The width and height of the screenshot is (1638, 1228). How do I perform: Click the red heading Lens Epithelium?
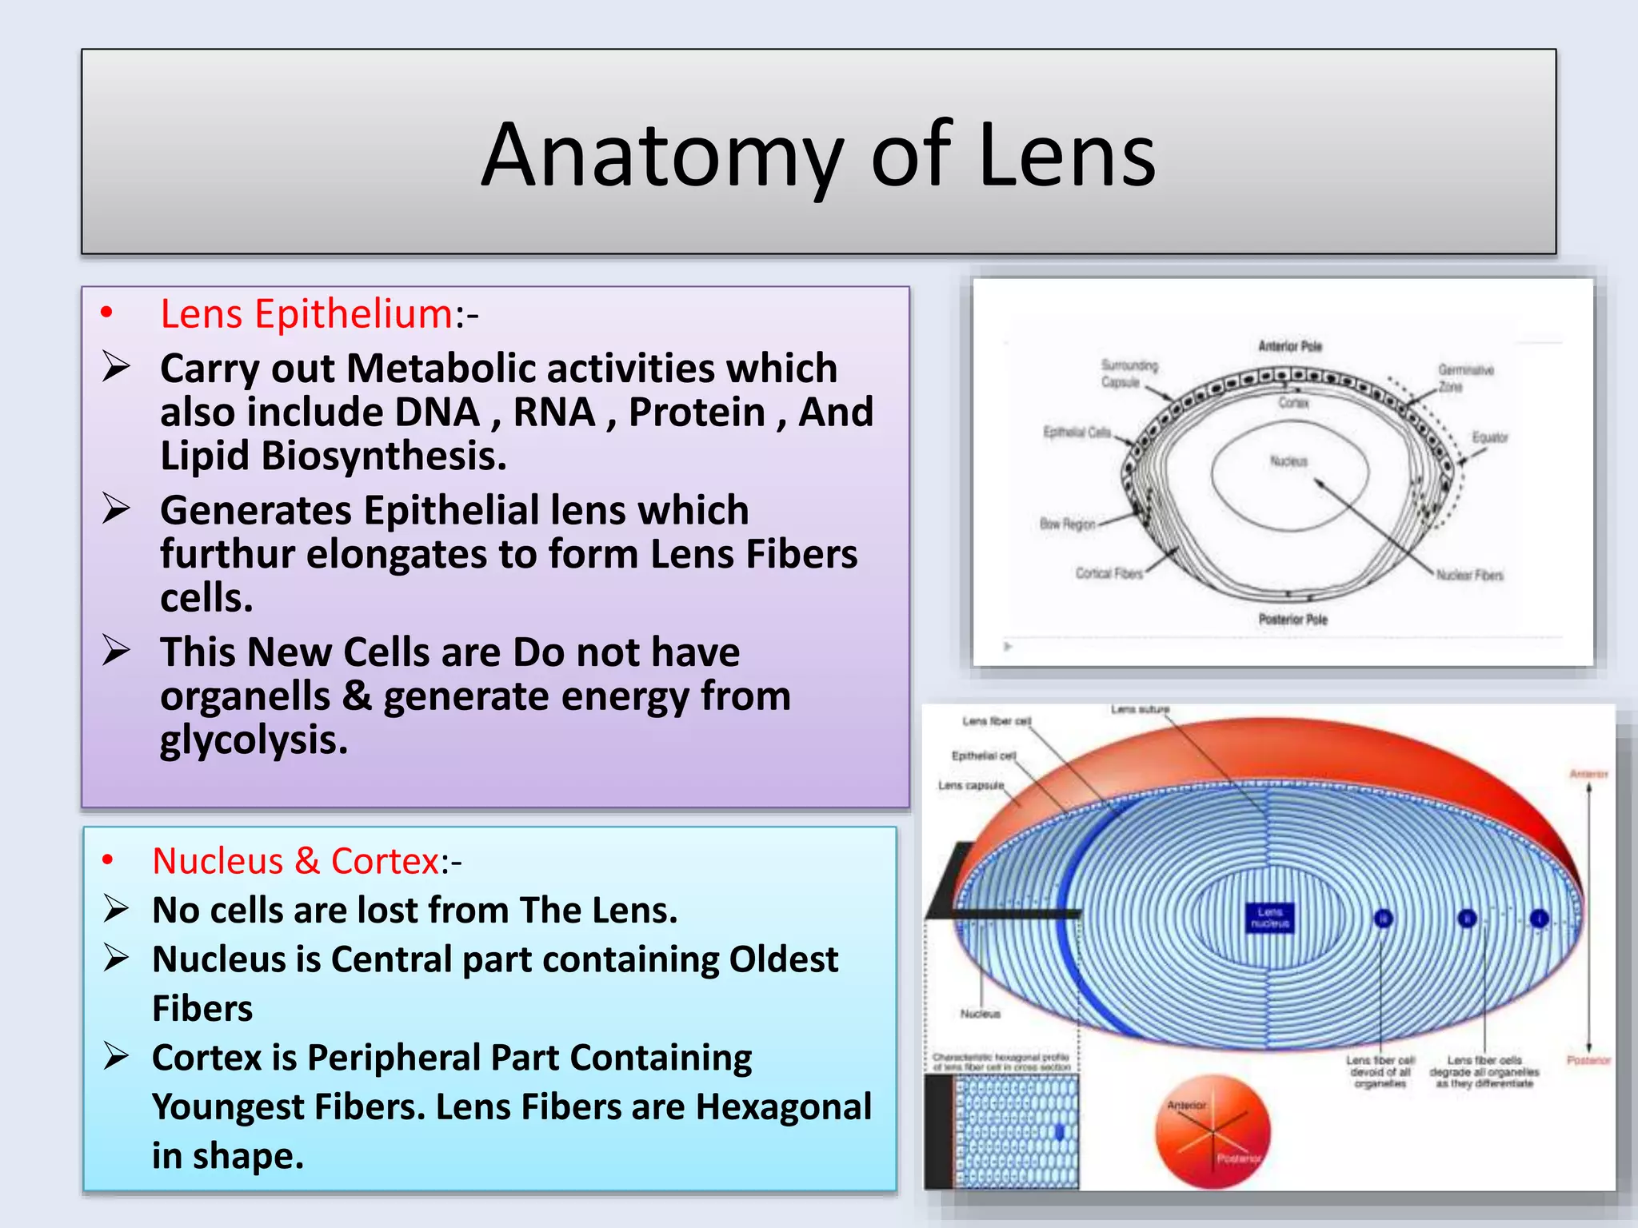306,313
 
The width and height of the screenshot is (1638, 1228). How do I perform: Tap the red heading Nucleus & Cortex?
295,861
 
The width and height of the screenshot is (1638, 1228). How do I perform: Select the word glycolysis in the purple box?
254,740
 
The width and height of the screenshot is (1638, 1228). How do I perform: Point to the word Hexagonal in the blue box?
783,1107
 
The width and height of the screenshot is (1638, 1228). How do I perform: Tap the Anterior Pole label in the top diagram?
1290,346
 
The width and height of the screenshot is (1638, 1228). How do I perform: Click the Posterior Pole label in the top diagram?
1292,620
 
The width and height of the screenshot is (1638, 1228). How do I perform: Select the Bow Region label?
1067,524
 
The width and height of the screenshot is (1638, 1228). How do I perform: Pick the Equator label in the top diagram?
1490,437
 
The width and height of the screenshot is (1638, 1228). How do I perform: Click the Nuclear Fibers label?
1469,575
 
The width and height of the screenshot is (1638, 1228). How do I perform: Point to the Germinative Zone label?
1465,377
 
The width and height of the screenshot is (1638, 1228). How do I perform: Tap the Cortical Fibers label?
1109,573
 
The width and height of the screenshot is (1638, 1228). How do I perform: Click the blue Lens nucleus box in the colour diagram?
1270,917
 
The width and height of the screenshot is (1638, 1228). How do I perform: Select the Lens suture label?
1140,709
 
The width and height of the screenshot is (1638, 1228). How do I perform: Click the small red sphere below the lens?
1213,1130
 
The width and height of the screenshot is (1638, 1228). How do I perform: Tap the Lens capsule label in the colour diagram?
970,785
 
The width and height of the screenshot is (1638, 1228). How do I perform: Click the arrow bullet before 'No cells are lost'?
116,910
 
